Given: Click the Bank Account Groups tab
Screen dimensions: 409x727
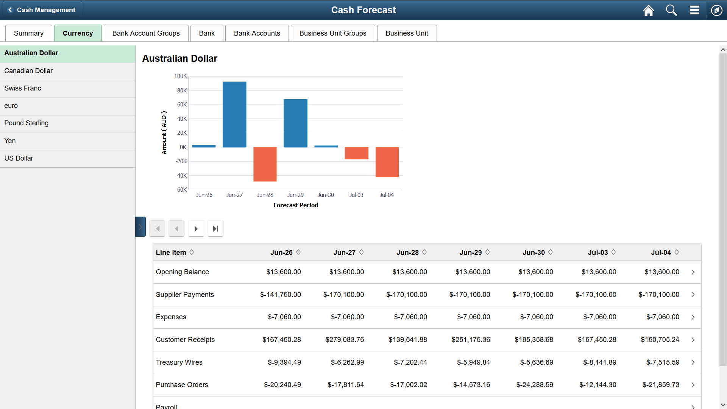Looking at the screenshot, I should tap(146, 33).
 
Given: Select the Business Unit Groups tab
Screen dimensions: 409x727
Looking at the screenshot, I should tap(332, 33).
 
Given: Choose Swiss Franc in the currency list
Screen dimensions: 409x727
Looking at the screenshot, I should tap(23, 88).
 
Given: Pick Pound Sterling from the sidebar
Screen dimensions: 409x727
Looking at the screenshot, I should tap(27, 123).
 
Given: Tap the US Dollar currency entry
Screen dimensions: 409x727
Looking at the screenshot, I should tap(19, 158).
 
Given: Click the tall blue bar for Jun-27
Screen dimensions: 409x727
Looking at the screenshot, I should tap(234, 114).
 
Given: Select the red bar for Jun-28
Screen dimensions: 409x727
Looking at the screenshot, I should tap(265, 164).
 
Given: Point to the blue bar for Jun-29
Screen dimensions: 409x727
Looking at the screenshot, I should tap(295, 123).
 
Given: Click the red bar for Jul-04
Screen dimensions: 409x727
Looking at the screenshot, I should tap(387, 162).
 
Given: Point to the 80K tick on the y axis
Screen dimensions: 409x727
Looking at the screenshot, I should tap(182, 91).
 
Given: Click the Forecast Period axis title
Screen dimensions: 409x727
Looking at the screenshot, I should tap(295, 205).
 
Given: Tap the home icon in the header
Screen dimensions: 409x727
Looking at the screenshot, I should tap(648, 10).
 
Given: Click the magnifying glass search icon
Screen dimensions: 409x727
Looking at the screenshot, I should tap(671, 10).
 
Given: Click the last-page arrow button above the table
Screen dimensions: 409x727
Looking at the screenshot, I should tap(215, 229).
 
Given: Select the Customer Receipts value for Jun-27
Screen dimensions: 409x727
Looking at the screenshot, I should tap(345, 340).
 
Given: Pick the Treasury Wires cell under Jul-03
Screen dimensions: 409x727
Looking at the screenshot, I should tap(599, 362).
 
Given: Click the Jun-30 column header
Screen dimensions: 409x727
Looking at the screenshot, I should tap(534, 253).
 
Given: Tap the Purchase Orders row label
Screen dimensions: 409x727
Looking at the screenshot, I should tap(182, 385).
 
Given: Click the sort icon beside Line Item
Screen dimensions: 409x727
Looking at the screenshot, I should tap(192, 252).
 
